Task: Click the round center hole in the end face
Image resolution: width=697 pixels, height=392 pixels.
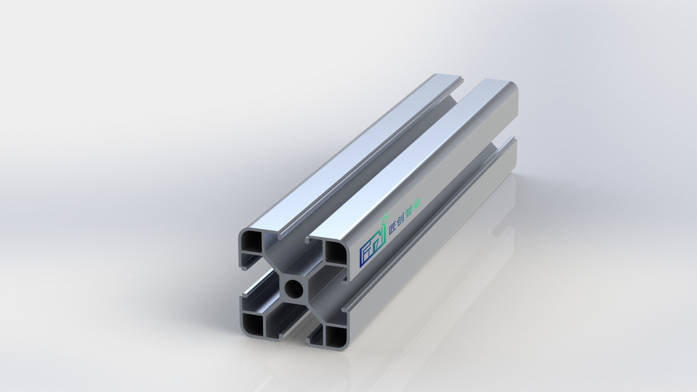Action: click(294, 289)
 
